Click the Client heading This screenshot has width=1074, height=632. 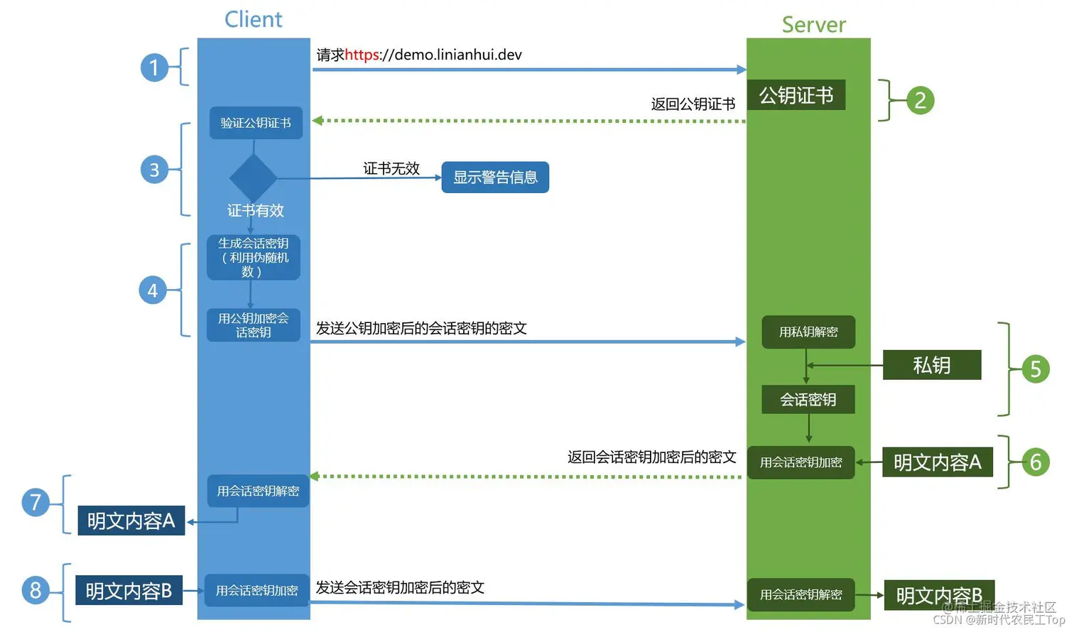coord(253,19)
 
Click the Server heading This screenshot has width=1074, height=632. coord(813,25)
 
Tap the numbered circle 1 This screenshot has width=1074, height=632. coord(154,68)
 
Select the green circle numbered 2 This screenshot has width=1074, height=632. coord(920,100)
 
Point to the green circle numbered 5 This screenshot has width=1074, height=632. coord(1035,369)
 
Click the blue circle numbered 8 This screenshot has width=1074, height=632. coord(36,590)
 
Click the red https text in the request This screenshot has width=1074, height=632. coord(362,55)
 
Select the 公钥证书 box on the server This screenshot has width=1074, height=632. coord(796,95)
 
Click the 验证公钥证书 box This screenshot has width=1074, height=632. coord(256,123)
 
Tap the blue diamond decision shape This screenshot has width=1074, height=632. coord(253,178)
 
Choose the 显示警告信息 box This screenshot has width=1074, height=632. coord(495,178)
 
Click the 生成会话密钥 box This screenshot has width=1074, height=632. coord(253,257)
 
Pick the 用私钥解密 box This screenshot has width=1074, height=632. coord(808,332)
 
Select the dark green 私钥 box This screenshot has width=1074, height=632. coord(931,365)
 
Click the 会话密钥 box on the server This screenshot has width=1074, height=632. coord(808,399)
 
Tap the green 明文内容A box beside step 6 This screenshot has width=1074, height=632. coord(937,462)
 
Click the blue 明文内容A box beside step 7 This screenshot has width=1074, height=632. coord(131,521)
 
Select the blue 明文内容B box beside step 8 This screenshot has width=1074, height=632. coord(129,590)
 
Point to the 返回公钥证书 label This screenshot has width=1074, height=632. coord(693,104)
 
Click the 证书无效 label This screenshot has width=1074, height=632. coord(391,168)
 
